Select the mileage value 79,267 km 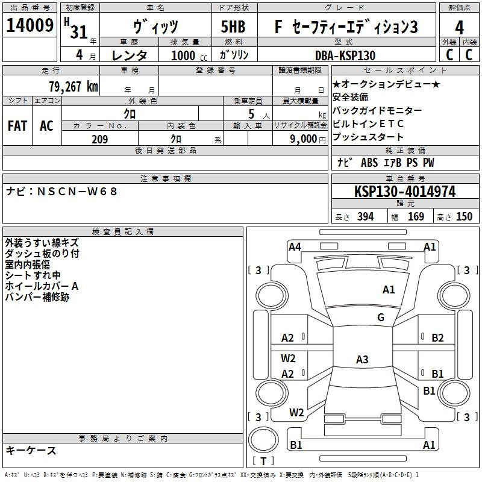coord(72,86)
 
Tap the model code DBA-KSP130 coord(345,55)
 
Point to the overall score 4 coord(460,27)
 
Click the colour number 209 coord(99,139)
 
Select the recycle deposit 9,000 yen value coord(307,139)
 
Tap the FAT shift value coord(17,125)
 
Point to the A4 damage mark coord(295,246)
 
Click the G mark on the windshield coord(380,318)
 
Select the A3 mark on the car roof coord(361,360)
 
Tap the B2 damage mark coord(437,338)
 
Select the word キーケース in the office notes coord(31,450)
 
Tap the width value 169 coord(416,217)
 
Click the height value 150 coord(464,217)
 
